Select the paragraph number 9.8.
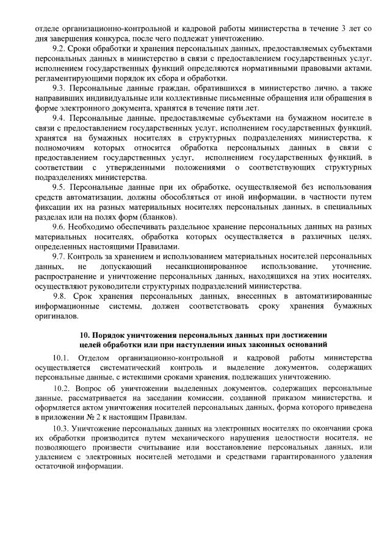click(59, 296)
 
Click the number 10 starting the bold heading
click(86, 335)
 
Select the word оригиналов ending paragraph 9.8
click(57, 317)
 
